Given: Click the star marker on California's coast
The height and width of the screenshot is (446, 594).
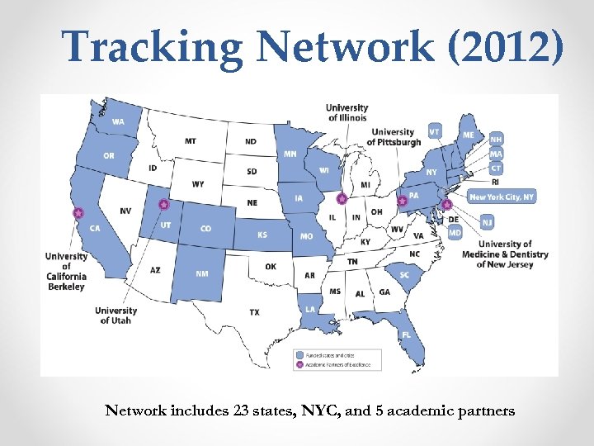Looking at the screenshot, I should [x=78, y=212].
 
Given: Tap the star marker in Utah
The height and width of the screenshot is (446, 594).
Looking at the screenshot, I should [x=163, y=204].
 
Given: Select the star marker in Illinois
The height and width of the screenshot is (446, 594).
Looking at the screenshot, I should [x=342, y=199].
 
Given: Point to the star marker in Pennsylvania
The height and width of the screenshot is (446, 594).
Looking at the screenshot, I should [x=403, y=201].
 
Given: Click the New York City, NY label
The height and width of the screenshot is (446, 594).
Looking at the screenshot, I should [x=502, y=197].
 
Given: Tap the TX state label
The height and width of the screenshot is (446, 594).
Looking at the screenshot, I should [x=254, y=312].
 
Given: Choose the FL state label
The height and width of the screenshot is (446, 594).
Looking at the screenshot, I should [x=406, y=334].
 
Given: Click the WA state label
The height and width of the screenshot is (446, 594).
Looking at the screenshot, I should [x=119, y=122].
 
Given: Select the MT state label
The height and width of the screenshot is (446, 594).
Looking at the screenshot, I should [x=191, y=141].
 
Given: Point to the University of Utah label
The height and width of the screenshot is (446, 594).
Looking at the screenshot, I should [x=115, y=316].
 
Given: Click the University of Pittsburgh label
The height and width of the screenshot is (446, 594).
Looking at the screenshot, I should [x=394, y=137].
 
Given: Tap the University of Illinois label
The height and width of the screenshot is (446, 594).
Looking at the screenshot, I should [x=347, y=112].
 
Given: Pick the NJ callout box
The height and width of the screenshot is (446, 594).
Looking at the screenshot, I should [x=488, y=223].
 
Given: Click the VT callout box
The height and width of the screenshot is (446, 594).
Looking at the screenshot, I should [x=434, y=130].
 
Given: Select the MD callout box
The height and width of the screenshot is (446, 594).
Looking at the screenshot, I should [x=455, y=233].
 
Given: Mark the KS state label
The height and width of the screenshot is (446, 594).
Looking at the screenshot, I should [x=262, y=235].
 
